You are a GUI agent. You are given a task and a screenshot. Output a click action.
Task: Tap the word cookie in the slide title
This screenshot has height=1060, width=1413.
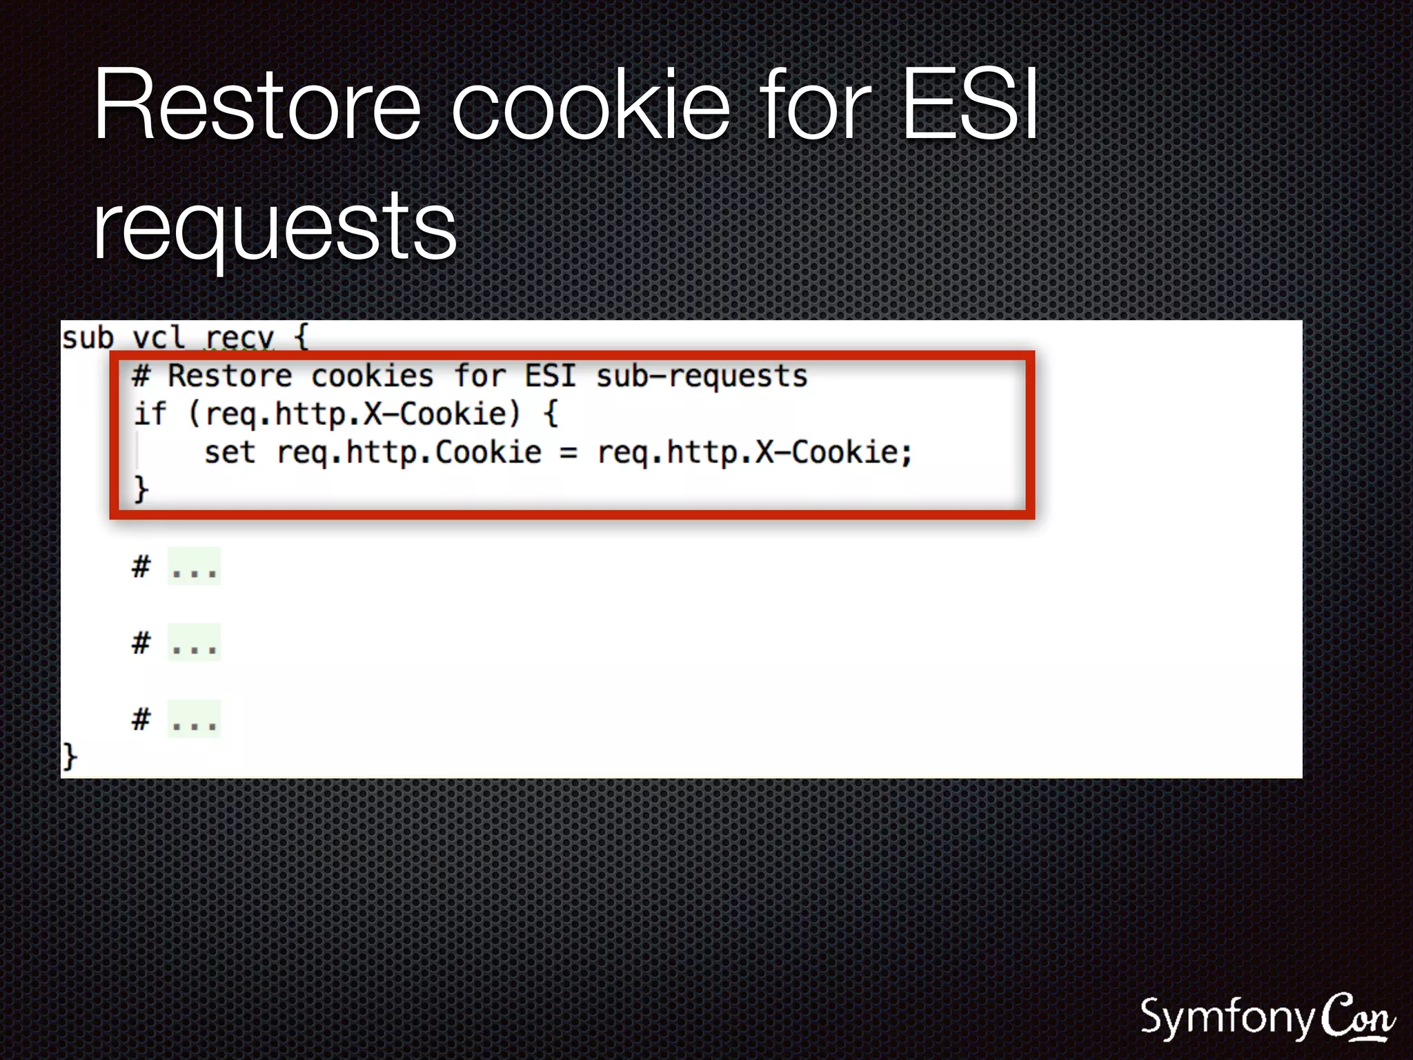click(x=591, y=106)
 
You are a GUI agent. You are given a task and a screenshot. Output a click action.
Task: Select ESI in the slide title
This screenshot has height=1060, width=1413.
click(x=970, y=106)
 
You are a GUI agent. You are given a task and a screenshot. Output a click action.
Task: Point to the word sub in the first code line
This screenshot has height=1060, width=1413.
click(x=88, y=338)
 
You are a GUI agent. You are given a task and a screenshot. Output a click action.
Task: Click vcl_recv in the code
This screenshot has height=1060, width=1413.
click(x=204, y=338)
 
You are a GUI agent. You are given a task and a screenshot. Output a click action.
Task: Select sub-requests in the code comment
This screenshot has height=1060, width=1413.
click(x=702, y=376)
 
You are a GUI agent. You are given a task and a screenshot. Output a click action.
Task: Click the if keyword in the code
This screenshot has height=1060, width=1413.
click(x=150, y=414)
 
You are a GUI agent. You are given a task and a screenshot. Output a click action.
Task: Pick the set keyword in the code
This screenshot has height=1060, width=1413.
click(x=230, y=453)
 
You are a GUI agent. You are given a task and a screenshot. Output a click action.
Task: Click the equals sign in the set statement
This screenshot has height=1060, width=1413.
click(x=569, y=453)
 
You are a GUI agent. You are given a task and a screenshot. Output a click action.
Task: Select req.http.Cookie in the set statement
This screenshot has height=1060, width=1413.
click(x=409, y=453)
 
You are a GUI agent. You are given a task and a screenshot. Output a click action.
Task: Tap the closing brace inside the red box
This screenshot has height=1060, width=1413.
click(x=141, y=489)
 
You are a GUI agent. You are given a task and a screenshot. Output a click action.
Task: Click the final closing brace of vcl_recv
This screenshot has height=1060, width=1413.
click(x=70, y=756)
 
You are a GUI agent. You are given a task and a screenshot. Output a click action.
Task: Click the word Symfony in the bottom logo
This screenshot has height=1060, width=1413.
click(x=1227, y=1019)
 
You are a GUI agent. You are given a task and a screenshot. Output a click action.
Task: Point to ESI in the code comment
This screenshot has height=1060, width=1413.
click(x=550, y=376)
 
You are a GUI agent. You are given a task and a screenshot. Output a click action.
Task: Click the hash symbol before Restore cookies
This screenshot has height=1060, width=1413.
click(x=141, y=376)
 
